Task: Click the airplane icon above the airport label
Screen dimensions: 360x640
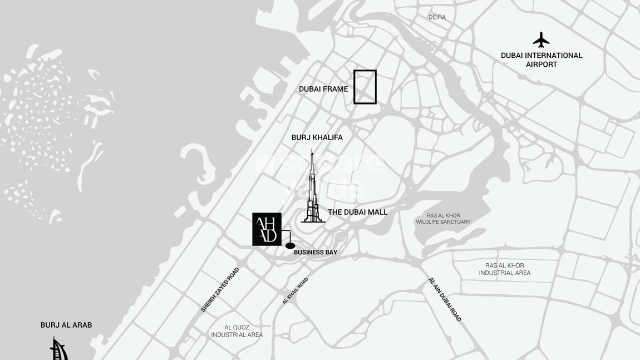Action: pyautogui.click(x=540, y=40)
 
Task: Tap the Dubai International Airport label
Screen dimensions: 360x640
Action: pyautogui.click(x=541, y=60)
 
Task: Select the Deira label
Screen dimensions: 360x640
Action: pyautogui.click(x=437, y=17)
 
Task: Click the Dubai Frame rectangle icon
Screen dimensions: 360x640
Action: pyautogui.click(x=365, y=87)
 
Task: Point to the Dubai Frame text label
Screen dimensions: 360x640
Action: pyautogui.click(x=323, y=89)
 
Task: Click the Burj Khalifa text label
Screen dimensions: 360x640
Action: pyautogui.click(x=317, y=137)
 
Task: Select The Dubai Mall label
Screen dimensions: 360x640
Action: pyautogui.click(x=357, y=212)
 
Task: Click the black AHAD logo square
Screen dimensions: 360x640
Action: pyautogui.click(x=267, y=229)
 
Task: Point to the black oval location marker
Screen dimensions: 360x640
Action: pyautogui.click(x=290, y=245)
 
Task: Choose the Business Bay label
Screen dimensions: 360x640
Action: pyautogui.click(x=316, y=253)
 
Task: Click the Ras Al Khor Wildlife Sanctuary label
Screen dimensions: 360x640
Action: pyautogui.click(x=443, y=219)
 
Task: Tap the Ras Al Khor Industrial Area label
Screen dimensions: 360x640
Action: pyautogui.click(x=505, y=269)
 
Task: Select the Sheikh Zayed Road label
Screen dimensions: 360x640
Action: pyautogui.click(x=220, y=289)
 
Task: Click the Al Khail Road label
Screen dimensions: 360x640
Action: pyautogui.click(x=295, y=291)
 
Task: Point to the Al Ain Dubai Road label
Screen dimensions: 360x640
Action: pyautogui.click(x=445, y=299)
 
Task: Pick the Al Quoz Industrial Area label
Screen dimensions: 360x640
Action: pyautogui.click(x=237, y=331)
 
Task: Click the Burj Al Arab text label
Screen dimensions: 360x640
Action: pyautogui.click(x=66, y=325)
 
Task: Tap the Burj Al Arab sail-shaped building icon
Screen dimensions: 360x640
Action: pyautogui.click(x=58, y=349)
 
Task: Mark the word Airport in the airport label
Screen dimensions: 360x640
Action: pyautogui.click(x=541, y=65)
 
